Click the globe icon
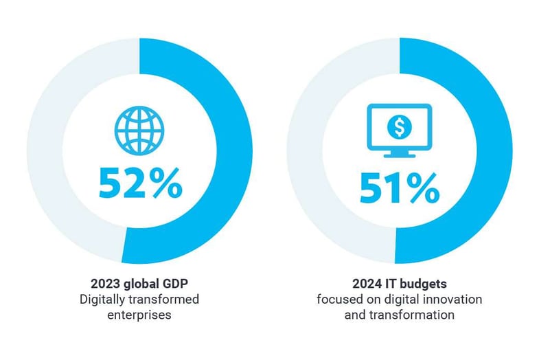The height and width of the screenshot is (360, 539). pyautogui.click(x=140, y=128)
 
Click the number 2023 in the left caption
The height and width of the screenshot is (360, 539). pyautogui.click(x=104, y=283)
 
